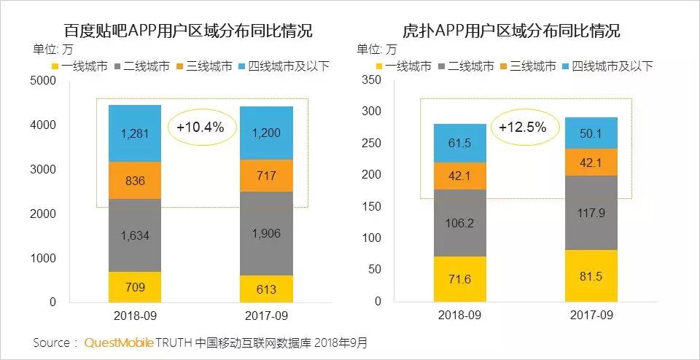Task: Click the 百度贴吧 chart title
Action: pos(187,31)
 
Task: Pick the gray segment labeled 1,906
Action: pos(266,233)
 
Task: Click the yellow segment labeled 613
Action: pos(266,289)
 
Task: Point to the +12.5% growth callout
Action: pos(523,127)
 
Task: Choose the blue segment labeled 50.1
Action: pos(591,133)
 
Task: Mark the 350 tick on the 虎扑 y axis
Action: pos(372,79)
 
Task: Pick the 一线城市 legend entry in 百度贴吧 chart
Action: pos(79,66)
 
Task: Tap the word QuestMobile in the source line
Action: pos(119,342)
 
